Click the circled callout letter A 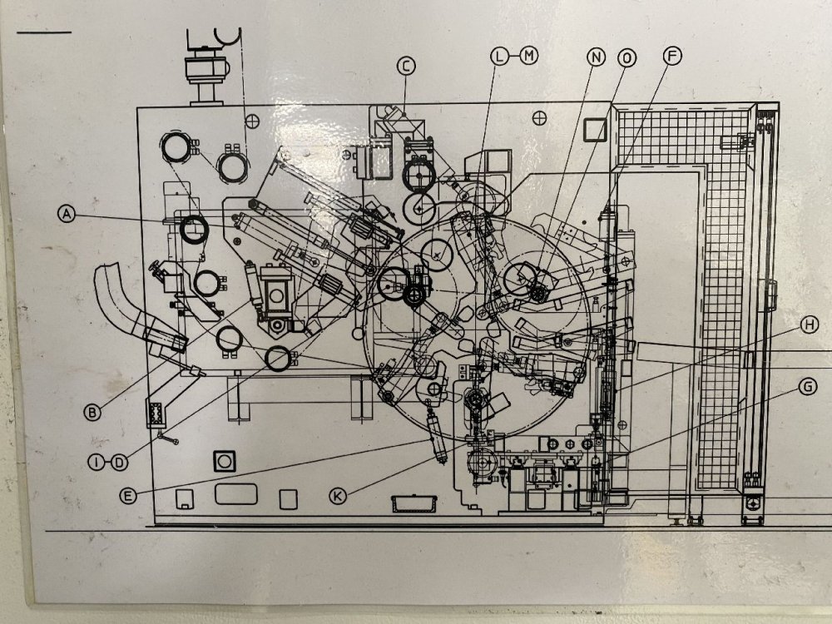point(67,214)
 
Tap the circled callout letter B point(92,412)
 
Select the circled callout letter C point(406,66)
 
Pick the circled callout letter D point(119,463)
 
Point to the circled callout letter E point(128,496)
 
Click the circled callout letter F point(672,56)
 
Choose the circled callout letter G point(808,387)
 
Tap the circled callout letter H point(810,324)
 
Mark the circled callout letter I point(97,463)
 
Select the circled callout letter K point(338,496)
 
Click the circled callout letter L point(499,56)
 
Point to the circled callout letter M point(529,55)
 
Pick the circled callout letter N point(596,57)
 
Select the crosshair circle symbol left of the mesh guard point(539,118)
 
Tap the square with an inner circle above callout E point(225,461)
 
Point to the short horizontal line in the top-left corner point(44,33)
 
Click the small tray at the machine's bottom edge point(414,503)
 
